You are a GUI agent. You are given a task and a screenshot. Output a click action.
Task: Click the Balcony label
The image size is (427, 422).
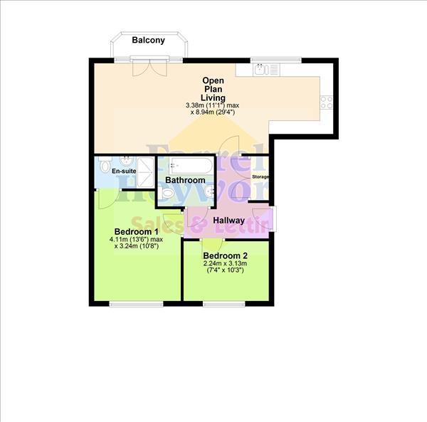pos(148,41)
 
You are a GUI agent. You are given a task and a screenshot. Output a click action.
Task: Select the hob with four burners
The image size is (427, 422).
pos(328,102)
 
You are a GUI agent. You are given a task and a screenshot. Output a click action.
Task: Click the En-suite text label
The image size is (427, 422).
pos(124,172)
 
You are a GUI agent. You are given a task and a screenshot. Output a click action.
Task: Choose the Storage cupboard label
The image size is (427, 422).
pos(261,176)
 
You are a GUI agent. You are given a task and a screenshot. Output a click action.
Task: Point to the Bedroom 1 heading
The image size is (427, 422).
pos(136,232)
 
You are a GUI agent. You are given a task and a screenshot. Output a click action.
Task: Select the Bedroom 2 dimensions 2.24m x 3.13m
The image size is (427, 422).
pos(226,265)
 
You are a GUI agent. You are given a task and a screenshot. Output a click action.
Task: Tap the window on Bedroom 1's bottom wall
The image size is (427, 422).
pos(136,304)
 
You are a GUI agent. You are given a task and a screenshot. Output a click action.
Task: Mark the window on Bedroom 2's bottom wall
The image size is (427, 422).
pos(222,304)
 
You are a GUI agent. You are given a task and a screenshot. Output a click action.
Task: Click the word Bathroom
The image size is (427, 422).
pos(185,181)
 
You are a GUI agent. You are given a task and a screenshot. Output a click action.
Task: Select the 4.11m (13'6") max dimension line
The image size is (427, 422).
pos(136,240)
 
